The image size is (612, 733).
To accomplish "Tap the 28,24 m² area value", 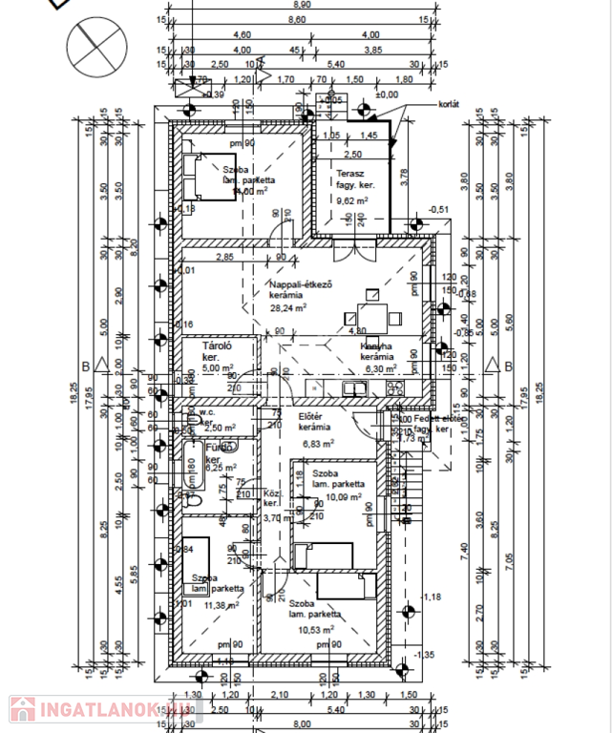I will click(287, 308).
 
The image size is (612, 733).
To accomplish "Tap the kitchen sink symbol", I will click(356, 387).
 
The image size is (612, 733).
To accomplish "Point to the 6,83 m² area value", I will click(317, 443).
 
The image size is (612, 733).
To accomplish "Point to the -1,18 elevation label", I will click(433, 597).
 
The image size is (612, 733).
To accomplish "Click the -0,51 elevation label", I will click(438, 209).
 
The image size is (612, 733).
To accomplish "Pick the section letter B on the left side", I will click(85, 366).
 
